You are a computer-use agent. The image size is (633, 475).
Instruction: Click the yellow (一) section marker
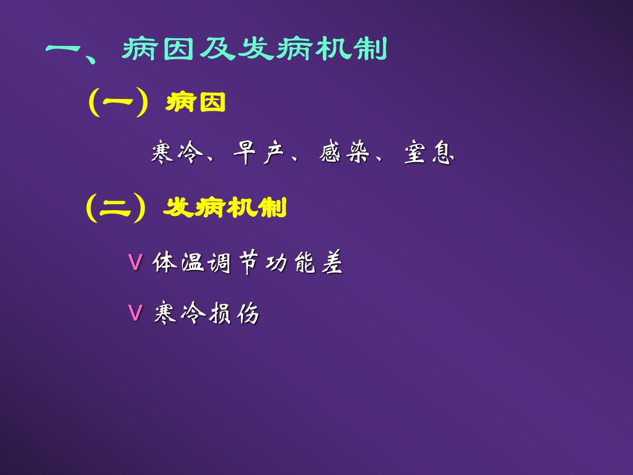(118, 102)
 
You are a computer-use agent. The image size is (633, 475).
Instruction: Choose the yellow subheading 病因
(195, 102)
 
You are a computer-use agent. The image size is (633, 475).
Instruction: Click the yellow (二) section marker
(115, 208)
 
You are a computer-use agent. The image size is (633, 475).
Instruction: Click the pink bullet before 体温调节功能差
(135, 262)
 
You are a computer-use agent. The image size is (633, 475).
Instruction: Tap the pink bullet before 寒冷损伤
(135, 313)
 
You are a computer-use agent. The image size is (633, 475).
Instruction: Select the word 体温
(178, 262)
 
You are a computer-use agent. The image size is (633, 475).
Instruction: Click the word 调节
(233, 262)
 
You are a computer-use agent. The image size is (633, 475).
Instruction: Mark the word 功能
(290, 262)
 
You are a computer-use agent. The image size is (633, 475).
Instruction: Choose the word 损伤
(234, 313)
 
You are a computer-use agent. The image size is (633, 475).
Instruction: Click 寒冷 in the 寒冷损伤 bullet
(180, 313)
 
